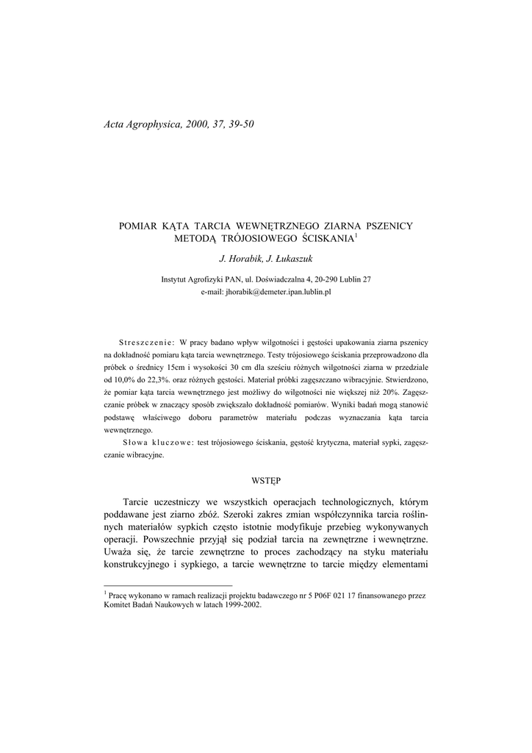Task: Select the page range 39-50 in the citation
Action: click(240, 124)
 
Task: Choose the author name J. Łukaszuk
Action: click(290, 260)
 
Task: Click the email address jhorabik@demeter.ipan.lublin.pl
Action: click(265, 292)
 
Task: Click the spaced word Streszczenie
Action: click(146, 343)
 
